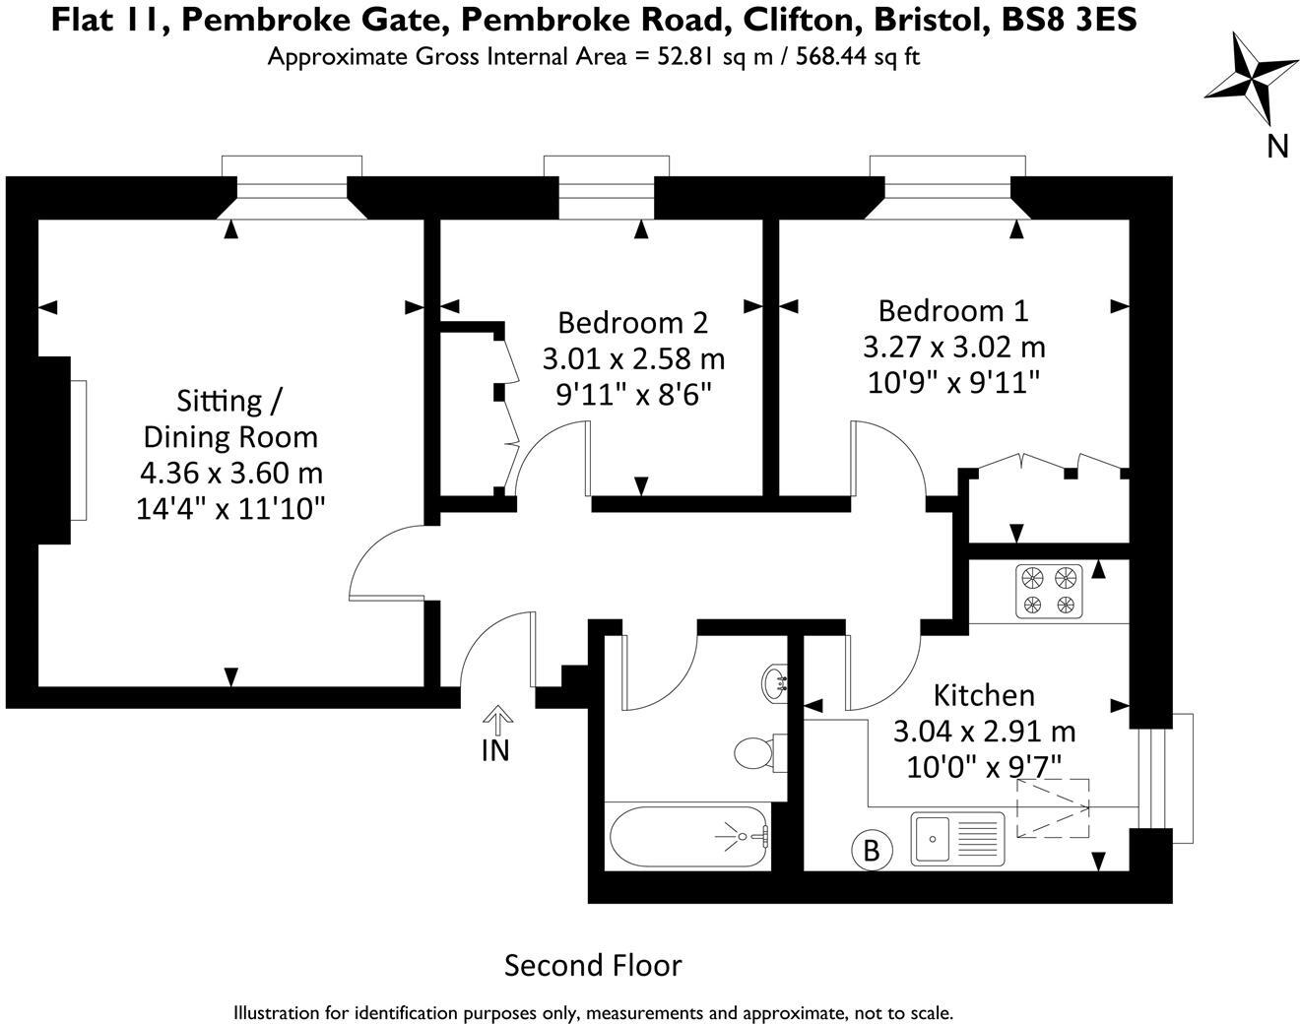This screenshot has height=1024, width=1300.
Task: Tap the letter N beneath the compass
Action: pyautogui.click(x=1277, y=146)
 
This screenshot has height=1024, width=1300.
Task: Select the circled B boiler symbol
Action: pyautogui.click(x=871, y=849)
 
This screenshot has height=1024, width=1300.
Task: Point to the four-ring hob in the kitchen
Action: pyautogui.click(x=1049, y=591)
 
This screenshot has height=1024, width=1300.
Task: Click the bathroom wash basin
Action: pyautogui.click(x=775, y=681)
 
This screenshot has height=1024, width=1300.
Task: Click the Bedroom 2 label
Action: pyautogui.click(x=632, y=322)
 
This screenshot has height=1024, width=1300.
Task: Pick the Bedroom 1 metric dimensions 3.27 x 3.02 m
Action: pyautogui.click(x=953, y=347)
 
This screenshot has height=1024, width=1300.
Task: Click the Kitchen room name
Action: pyautogui.click(x=984, y=695)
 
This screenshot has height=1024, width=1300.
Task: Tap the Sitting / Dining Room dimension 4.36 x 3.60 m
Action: pyautogui.click(x=231, y=473)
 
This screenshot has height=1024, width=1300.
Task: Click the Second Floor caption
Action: pyautogui.click(x=593, y=965)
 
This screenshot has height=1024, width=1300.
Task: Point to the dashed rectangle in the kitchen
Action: pyautogui.click(x=1053, y=808)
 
